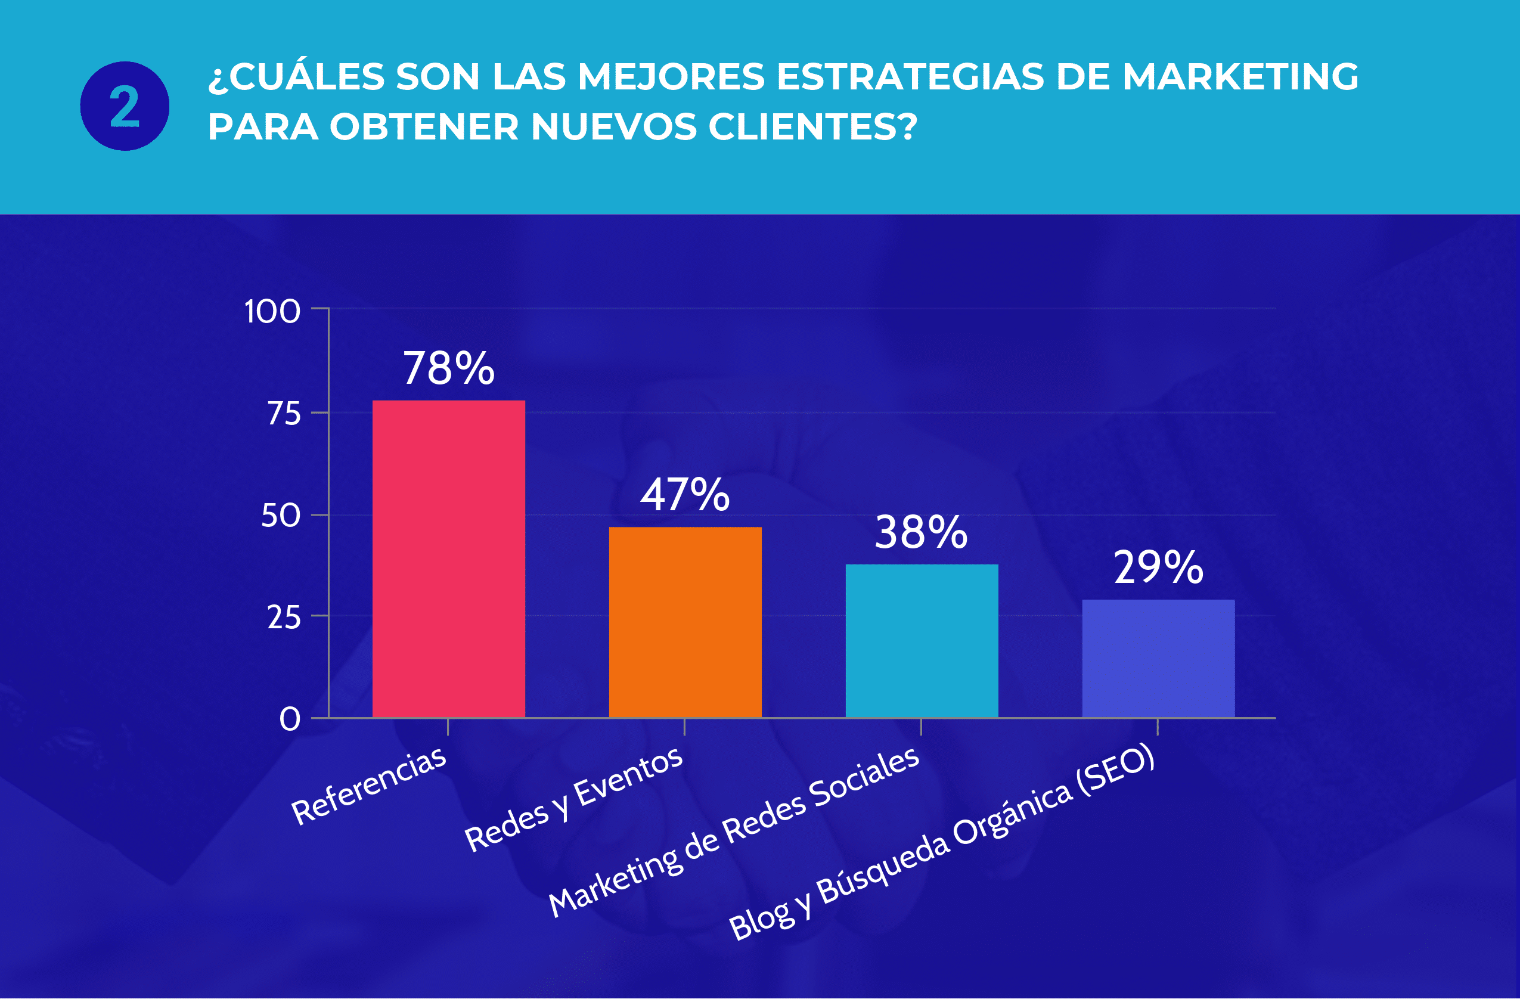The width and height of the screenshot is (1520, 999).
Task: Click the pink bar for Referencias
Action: coord(448,559)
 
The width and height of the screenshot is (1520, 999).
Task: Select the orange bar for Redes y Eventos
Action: coord(685,622)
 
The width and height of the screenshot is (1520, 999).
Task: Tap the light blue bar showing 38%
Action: coord(922,641)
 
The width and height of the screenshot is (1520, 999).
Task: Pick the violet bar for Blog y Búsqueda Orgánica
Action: coord(1158,659)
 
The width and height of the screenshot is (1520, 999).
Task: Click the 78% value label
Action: coord(448,368)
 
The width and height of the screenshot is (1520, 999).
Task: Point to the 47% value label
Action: coord(685,495)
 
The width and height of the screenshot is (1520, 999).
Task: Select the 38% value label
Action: coord(921,532)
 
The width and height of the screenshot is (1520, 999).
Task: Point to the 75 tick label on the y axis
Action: coord(284,414)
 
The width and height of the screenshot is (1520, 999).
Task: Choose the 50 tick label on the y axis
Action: coord(280,516)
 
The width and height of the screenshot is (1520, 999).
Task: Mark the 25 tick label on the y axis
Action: coord(284,618)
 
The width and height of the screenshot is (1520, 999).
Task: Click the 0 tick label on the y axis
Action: coord(290,719)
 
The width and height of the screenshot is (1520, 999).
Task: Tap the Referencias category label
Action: coord(369,786)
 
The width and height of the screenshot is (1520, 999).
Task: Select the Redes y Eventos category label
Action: coord(574,799)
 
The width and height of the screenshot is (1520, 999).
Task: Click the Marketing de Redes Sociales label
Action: coord(734,832)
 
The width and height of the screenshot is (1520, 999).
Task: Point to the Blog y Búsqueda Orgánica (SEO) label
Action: coord(942,842)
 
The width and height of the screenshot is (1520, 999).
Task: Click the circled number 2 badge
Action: coord(125,106)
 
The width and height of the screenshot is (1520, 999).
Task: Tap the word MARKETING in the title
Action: coord(1240,77)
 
